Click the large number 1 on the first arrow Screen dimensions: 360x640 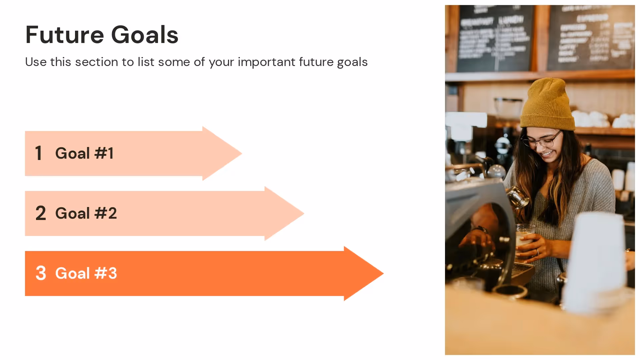(x=39, y=153)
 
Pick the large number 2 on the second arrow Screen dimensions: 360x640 (x=41, y=213)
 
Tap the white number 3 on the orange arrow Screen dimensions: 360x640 (x=41, y=273)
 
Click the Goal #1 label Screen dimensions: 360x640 (x=84, y=153)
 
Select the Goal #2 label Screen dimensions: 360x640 (x=86, y=213)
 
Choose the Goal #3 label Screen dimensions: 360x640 (x=86, y=273)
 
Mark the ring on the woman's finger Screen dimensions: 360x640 (x=537, y=252)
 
